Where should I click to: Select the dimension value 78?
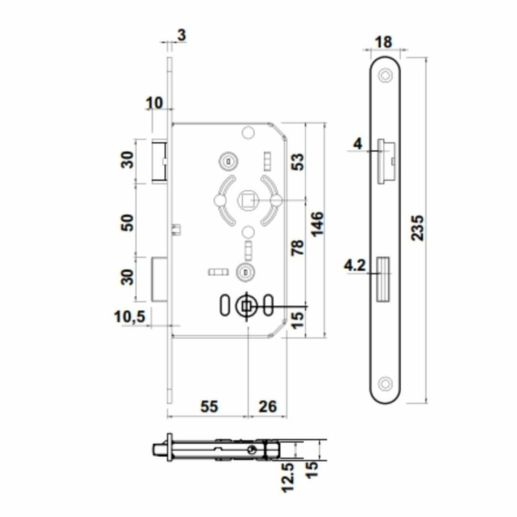point(297,248)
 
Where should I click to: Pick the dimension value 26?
point(268,407)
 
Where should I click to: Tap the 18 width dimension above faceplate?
point(385,42)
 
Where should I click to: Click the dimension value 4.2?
point(355,266)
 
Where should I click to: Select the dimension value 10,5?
point(130,318)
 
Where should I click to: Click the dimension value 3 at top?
point(181,35)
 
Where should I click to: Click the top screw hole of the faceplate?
point(385,76)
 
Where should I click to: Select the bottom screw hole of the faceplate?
point(385,383)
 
